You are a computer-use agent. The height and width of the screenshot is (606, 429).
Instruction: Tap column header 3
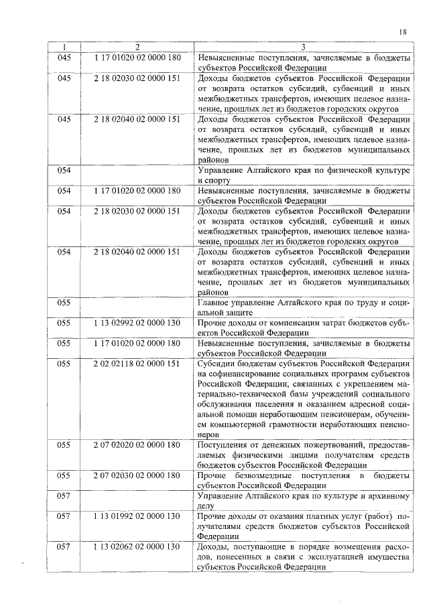[x=303, y=47]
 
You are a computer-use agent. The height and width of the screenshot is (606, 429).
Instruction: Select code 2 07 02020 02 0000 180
[x=137, y=445]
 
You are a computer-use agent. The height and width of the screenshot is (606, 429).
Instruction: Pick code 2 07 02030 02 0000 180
[x=137, y=475]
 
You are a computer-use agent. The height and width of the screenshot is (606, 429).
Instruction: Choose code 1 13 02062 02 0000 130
[x=137, y=547]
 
